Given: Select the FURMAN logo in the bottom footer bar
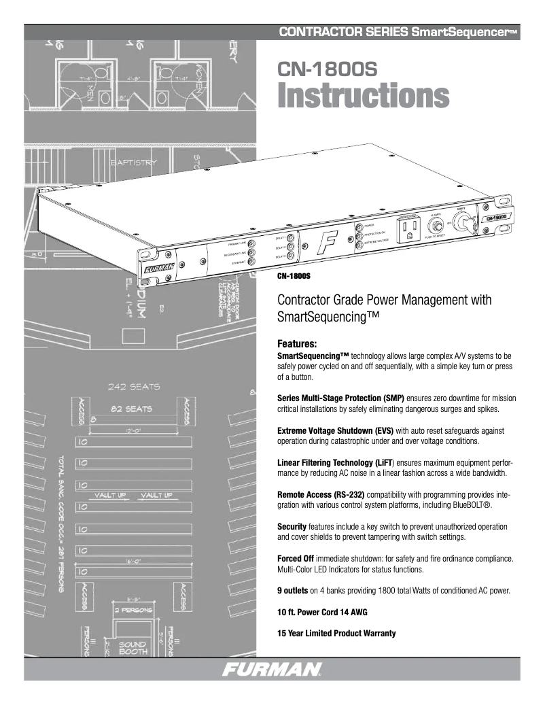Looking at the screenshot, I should (272, 670).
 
